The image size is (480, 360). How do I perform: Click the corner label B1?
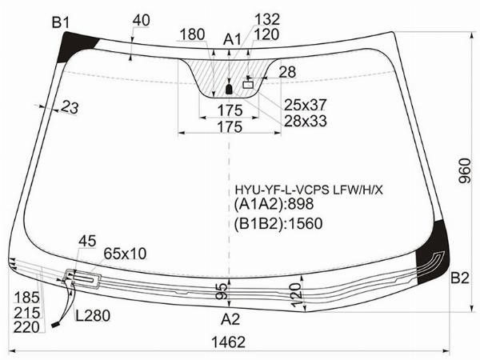click(x=61, y=23)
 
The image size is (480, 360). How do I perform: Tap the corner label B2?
click(x=460, y=278)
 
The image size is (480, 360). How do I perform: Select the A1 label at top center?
click(x=232, y=39)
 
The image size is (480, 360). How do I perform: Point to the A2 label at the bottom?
click(x=230, y=319)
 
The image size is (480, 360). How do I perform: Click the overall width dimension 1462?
click(x=229, y=342)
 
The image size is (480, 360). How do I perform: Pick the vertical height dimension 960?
click(x=464, y=170)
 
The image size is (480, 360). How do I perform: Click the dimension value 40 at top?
click(x=141, y=21)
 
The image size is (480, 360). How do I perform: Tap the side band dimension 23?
click(x=70, y=107)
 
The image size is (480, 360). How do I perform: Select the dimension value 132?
click(x=267, y=19)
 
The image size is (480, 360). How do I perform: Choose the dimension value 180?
click(x=192, y=34)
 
